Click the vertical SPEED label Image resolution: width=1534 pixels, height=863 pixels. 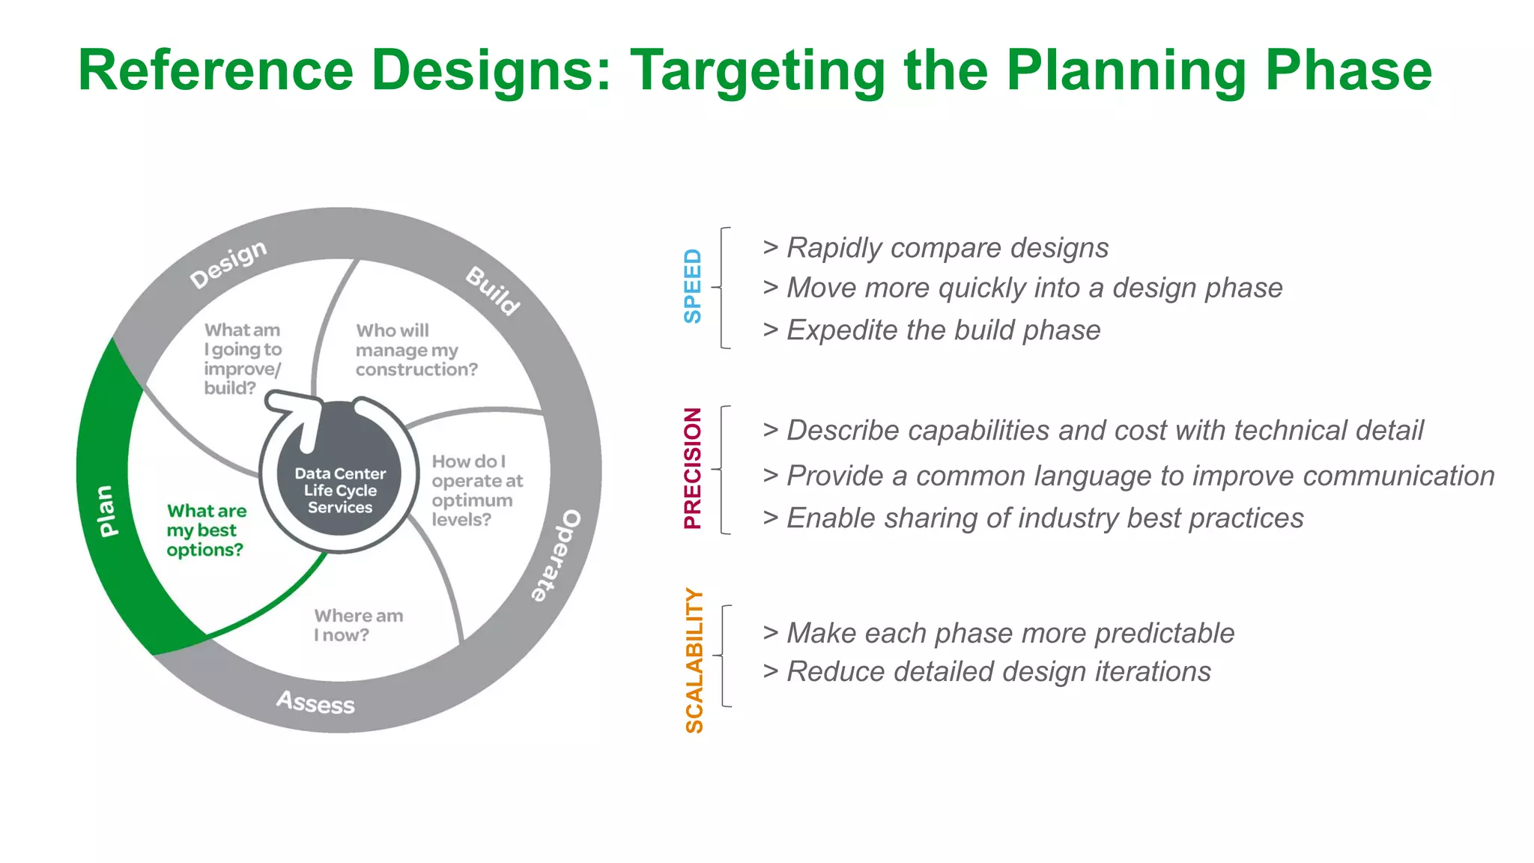point(693,287)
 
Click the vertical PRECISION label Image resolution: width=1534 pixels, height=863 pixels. point(693,469)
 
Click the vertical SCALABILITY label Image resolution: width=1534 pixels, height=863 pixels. point(694,660)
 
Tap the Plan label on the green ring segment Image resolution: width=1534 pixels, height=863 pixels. point(107,511)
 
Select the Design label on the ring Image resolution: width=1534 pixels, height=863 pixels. point(228,264)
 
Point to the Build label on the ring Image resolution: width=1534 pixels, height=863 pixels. point(492,291)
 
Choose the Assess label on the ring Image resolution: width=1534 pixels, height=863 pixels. point(315,702)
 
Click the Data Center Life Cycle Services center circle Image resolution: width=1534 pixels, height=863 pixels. point(340,491)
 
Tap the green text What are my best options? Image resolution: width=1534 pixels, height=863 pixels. point(206,530)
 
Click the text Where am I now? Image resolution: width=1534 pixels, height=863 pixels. point(358,626)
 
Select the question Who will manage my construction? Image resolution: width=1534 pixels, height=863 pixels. point(416,350)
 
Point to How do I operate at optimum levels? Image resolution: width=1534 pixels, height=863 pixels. point(476,491)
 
